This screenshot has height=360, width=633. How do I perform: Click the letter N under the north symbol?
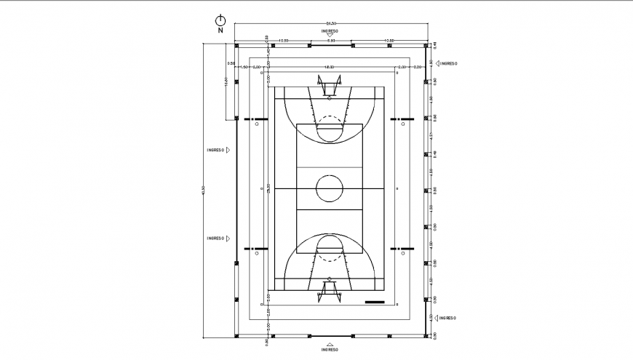220,31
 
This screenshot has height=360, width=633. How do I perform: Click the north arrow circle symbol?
220,20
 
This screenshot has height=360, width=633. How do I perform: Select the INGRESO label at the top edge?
330,31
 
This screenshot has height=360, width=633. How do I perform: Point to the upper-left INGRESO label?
215,150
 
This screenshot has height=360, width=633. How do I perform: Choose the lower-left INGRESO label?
215,238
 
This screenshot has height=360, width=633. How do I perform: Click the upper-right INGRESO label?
448,64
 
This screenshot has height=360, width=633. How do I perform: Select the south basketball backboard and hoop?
330,291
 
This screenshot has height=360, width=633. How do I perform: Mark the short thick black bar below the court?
375,302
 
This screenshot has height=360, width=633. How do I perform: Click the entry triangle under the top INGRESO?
330,36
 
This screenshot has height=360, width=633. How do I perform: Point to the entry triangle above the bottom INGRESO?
330,343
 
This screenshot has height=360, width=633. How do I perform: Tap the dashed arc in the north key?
330,119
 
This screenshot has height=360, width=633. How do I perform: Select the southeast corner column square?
425,336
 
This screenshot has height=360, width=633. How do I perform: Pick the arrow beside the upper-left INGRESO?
228,150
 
